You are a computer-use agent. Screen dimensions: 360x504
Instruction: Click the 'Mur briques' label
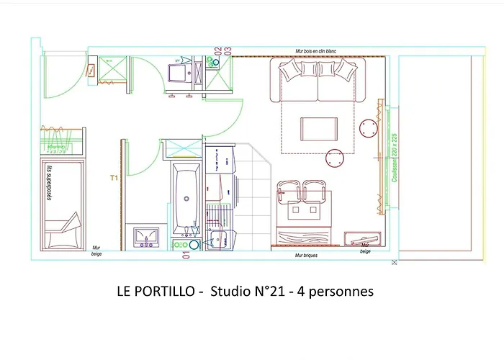(306, 256)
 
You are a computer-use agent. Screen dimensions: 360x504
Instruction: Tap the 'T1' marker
(113, 177)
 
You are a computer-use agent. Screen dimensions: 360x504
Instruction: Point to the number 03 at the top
(227, 50)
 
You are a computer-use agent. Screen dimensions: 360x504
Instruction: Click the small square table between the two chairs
(303, 210)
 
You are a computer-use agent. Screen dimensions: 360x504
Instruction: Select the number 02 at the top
(217, 50)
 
